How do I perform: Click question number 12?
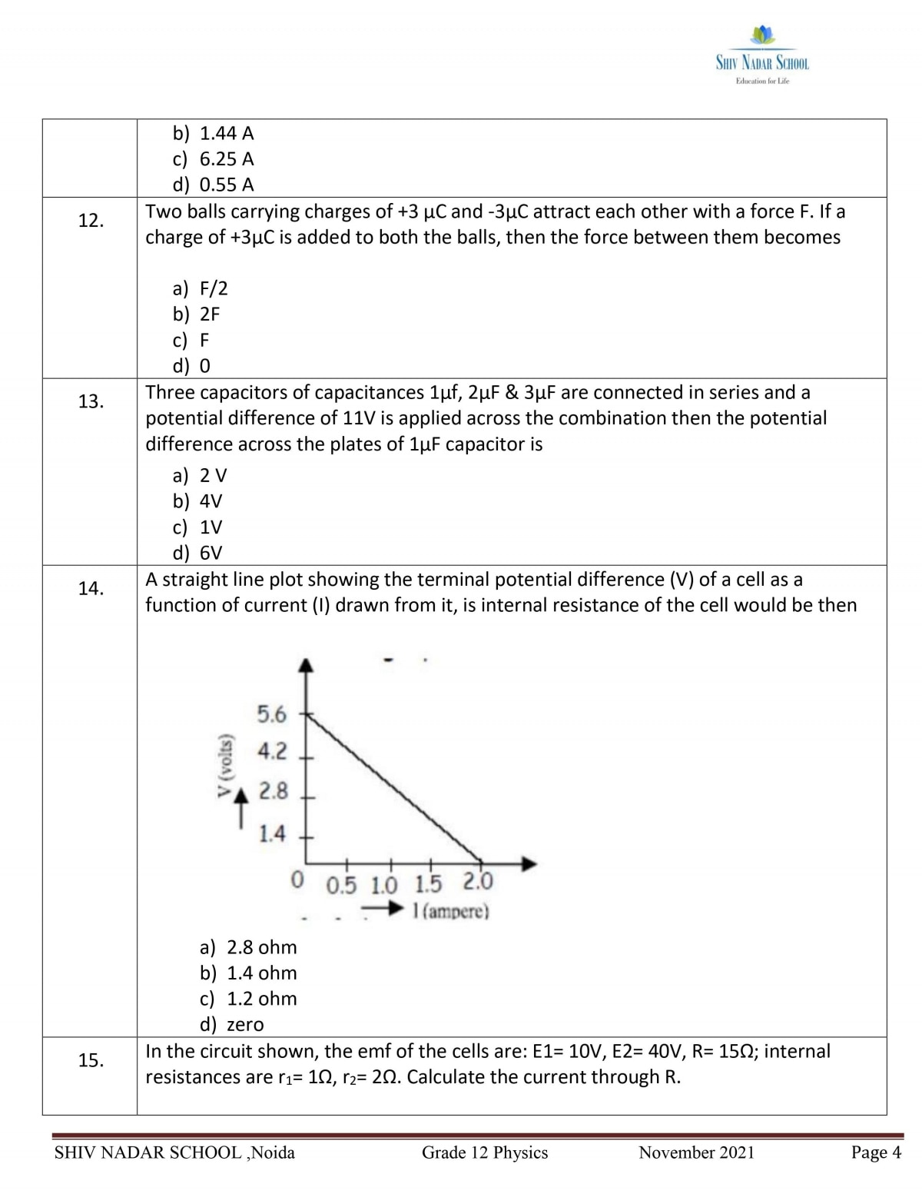point(91,221)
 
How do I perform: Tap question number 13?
point(91,401)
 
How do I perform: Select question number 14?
point(91,589)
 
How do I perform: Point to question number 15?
point(91,1061)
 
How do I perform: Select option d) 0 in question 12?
point(192,365)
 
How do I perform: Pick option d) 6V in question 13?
point(197,553)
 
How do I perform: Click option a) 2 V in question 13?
point(200,475)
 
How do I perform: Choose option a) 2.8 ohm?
point(248,947)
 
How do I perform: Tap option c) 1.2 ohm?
point(248,999)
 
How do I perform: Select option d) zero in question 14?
point(231,1025)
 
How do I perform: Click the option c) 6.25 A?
point(213,159)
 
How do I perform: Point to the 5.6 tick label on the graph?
point(271,715)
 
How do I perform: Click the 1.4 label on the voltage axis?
point(271,833)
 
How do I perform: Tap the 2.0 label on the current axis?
point(478,881)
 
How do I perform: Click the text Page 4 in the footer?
point(876,1152)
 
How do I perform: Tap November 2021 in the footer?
point(696,1152)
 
